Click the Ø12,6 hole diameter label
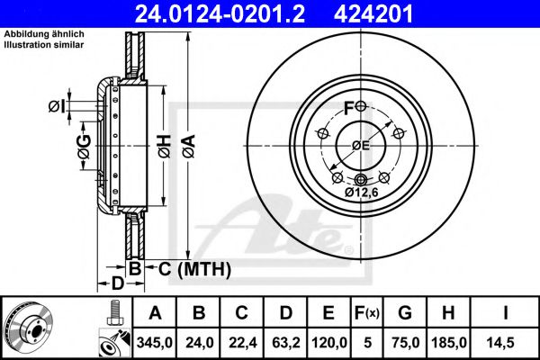click(x=361, y=191)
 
